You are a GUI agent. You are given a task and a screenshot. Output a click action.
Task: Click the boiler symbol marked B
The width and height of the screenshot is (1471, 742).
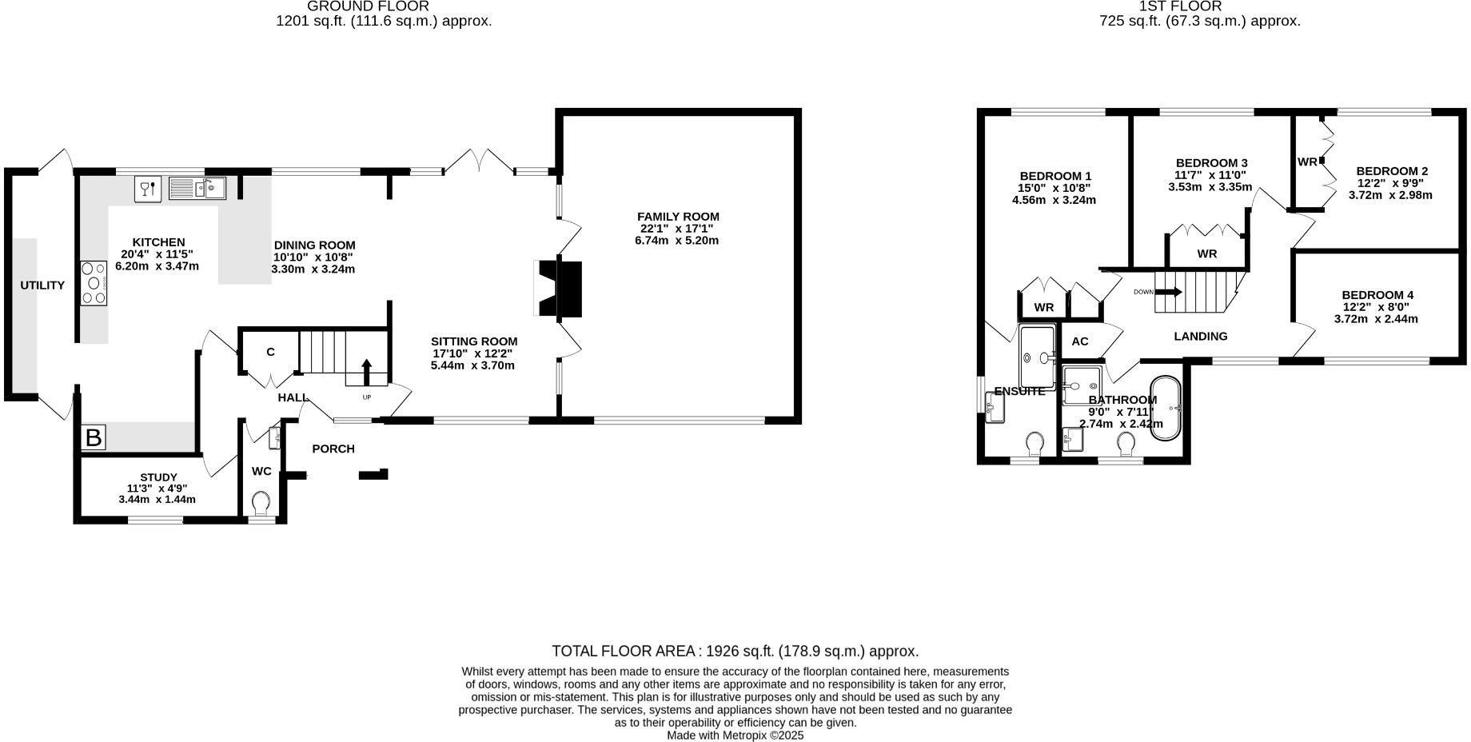coord(94,438)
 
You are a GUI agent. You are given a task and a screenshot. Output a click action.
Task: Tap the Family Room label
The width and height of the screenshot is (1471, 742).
coord(678,217)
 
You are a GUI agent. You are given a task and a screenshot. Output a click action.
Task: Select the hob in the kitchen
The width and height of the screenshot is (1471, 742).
coord(94,283)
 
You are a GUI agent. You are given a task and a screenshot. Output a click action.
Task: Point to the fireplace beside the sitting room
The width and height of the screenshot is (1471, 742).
coord(560,289)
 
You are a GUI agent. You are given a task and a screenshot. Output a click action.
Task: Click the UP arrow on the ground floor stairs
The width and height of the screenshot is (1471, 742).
coord(367,373)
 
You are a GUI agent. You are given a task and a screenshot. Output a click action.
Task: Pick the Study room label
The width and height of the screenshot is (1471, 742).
coord(158,477)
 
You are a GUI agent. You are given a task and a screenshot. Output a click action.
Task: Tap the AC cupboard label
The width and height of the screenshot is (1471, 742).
coord(1080,341)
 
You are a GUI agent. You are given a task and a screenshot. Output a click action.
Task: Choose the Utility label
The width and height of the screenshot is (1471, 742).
coord(42,285)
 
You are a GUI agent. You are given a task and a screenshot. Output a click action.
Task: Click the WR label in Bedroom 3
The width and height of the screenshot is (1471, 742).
coord(1207,254)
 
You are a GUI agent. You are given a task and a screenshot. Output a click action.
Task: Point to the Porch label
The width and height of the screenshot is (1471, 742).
coord(333,449)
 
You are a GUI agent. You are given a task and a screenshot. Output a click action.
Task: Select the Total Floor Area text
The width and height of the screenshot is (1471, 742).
coord(735,652)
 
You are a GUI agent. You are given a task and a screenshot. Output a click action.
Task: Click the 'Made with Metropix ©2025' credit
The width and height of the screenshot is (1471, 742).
coord(735,736)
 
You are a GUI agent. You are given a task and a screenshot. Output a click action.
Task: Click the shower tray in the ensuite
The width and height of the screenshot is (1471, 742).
coord(1038,357)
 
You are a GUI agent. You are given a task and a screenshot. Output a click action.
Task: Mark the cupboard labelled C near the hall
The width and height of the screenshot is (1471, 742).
coord(270,352)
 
